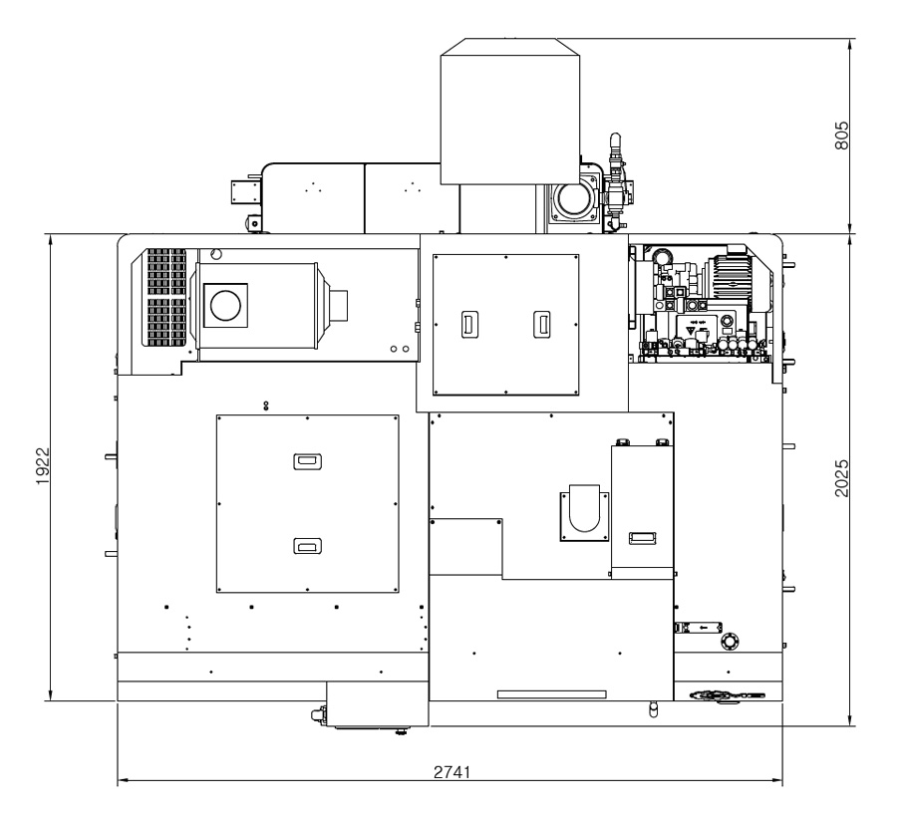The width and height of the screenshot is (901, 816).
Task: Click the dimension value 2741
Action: coord(451,772)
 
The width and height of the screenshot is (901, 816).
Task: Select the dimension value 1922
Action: coord(43,465)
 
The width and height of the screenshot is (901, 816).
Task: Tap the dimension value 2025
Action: coord(841,478)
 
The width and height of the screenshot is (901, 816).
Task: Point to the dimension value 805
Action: coord(841,135)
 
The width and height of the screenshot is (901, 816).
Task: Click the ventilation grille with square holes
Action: coord(166,297)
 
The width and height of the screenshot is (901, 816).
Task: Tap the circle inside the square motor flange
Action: coord(226,305)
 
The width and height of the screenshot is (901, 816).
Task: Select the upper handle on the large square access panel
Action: coord(307,461)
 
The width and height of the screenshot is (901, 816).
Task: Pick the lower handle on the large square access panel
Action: coord(307,546)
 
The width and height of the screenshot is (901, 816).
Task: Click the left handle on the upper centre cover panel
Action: coord(470,324)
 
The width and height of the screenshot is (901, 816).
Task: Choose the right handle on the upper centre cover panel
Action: coord(541,324)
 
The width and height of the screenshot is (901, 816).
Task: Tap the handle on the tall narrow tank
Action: coord(643,537)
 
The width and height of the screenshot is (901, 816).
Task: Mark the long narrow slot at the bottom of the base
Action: coord(551,694)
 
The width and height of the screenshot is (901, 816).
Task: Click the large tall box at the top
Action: coord(510,112)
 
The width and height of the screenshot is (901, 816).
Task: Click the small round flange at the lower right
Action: coord(731,641)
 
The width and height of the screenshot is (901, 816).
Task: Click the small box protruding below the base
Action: coord(377,704)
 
